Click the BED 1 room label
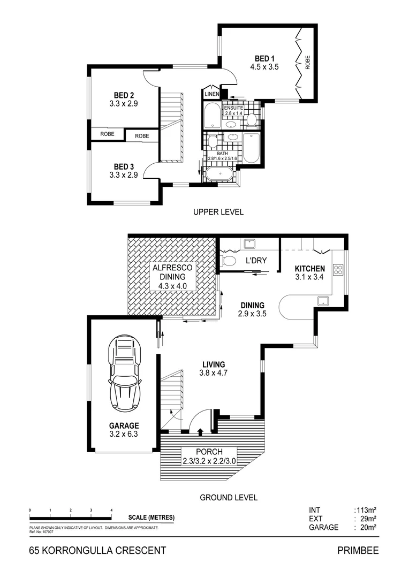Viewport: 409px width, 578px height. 261,58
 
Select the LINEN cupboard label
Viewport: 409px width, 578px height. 211,94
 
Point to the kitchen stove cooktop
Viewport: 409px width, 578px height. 338,269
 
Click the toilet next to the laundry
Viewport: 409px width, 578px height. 228,261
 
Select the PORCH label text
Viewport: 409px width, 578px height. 210,452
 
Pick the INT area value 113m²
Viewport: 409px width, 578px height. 365,510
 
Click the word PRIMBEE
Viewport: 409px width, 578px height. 358,550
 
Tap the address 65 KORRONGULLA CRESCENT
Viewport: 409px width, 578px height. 97,550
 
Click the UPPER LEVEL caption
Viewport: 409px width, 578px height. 218,212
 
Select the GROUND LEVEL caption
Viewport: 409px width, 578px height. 229,497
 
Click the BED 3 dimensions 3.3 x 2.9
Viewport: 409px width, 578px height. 123,174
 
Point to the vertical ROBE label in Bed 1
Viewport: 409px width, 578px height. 308,64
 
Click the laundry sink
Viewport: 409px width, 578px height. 249,244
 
